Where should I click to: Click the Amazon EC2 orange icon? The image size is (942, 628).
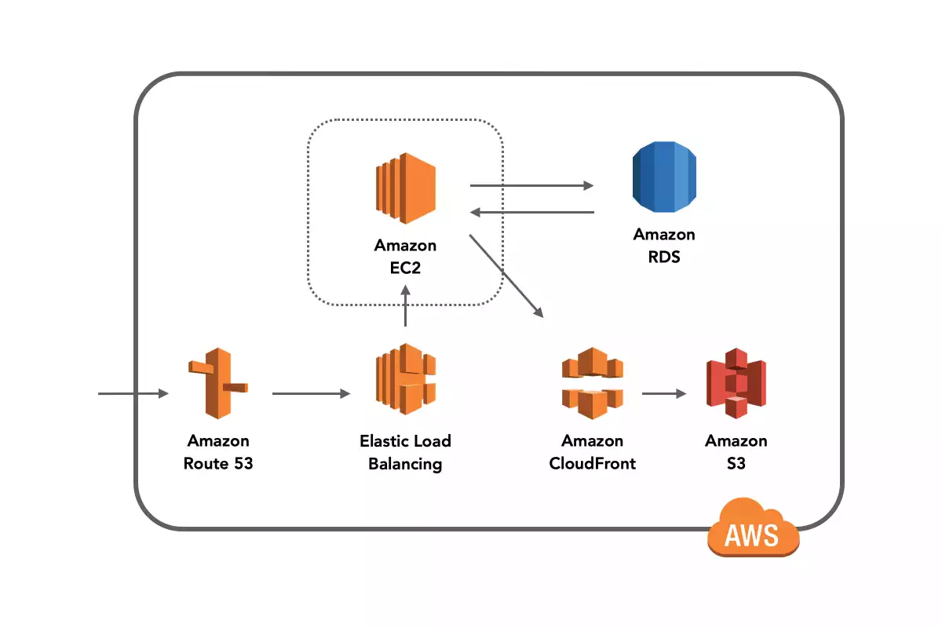[x=405, y=187]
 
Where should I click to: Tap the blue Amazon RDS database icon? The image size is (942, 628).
[x=664, y=178]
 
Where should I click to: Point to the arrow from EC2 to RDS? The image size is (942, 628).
[x=531, y=186]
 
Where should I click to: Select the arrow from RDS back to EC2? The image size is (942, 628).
[x=531, y=212]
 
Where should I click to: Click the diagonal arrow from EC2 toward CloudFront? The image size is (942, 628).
[x=506, y=275]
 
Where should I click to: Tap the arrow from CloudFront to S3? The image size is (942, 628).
[x=663, y=394]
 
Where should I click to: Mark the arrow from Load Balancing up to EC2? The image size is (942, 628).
[x=405, y=306]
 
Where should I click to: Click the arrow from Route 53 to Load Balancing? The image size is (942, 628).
[x=311, y=394]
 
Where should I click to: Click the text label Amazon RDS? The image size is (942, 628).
[x=664, y=245]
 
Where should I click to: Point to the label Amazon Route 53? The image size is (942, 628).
[x=218, y=452]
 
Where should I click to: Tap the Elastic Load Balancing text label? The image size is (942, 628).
[x=405, y=452]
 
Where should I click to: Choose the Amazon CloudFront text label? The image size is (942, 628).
[x=592, y=452]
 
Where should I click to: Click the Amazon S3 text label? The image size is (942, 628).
[x=736, y=452]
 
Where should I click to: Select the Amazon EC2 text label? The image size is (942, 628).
[x=405, y=257]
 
